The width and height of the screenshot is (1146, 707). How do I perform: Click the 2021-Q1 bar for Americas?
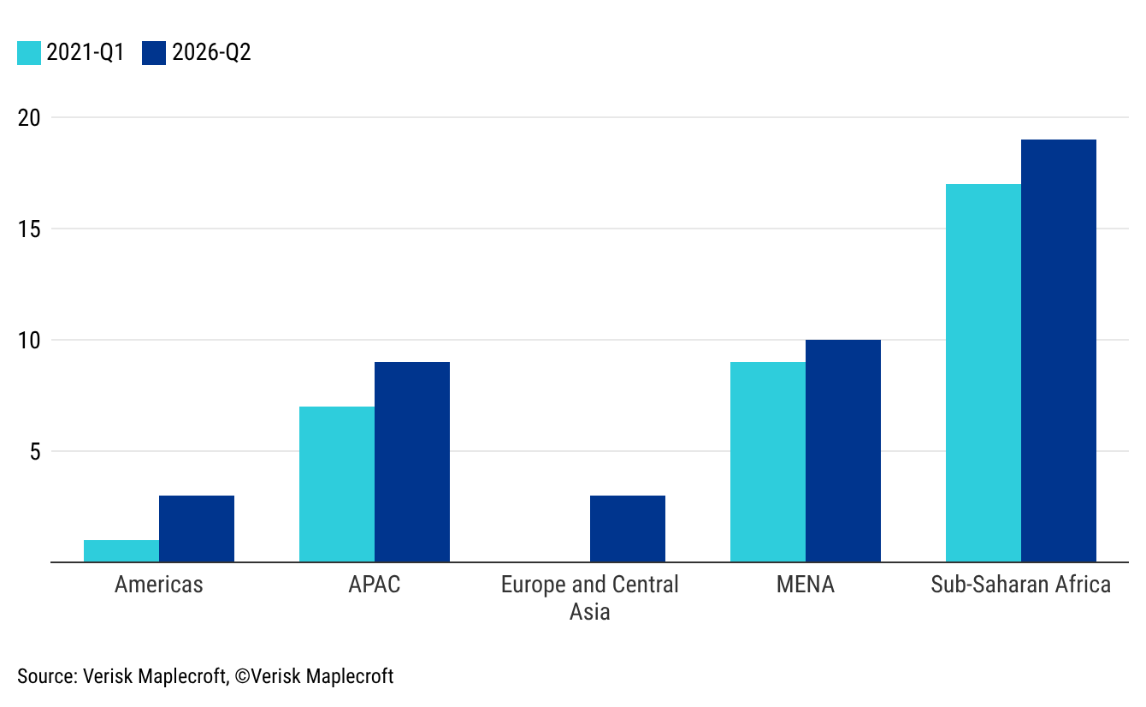coord(121,551)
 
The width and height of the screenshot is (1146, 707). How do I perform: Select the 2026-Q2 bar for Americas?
coord(197,529)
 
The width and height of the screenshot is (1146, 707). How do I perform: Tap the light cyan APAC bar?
coord(337,484)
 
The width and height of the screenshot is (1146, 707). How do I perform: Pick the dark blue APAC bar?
coord(412,462)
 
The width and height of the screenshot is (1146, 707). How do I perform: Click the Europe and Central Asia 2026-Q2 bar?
coord(628,529)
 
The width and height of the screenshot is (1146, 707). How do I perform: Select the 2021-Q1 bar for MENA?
coord(768,462)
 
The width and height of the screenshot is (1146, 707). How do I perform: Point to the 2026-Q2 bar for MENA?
coord(843,451)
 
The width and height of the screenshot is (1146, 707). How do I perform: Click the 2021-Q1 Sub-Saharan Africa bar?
coord(984,373)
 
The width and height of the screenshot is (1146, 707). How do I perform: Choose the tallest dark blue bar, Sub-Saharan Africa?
coord(1059,351)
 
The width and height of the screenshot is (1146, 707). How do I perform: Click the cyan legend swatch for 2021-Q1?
coord(29,53)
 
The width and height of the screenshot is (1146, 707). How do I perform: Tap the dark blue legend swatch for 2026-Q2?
coord(155,53)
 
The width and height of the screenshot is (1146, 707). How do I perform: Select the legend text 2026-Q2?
coord(211,53)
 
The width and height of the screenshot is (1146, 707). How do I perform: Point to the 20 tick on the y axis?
coord(29,118)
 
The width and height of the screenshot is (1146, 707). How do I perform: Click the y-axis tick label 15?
coord(29,229)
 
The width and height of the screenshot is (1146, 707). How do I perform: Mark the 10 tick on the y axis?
coord(29,341)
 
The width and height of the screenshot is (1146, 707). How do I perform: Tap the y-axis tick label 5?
coord(35,452)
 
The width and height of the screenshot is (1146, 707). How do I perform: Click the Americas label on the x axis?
coord(159,585)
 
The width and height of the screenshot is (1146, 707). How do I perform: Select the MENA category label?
coord(805,585)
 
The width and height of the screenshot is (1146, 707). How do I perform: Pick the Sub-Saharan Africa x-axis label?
coord(1020,585)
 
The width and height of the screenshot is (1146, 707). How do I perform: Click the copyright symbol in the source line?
coord(242,676)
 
